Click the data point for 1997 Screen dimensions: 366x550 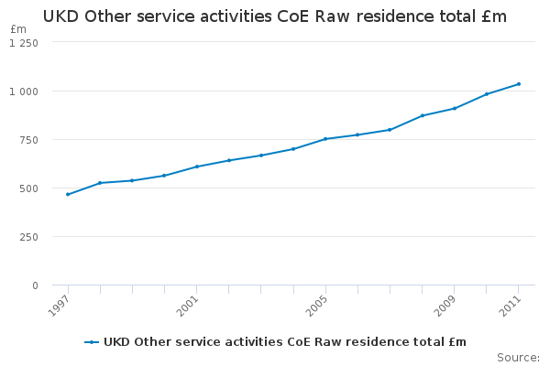(x=68, y=194)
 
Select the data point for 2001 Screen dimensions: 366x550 (x=197, y=167)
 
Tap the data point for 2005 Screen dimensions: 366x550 (x=325, y=139)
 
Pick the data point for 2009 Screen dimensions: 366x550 (x=455, y=108)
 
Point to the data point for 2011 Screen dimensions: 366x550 (x=519, y=84)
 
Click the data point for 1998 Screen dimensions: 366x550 (x=100, y=183)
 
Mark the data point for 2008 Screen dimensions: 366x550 (x=423, y=115)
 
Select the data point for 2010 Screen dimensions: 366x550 (x=487, y=94)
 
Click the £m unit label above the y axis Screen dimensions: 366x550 (x=18, y=29)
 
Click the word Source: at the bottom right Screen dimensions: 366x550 (x=518, y=357)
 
